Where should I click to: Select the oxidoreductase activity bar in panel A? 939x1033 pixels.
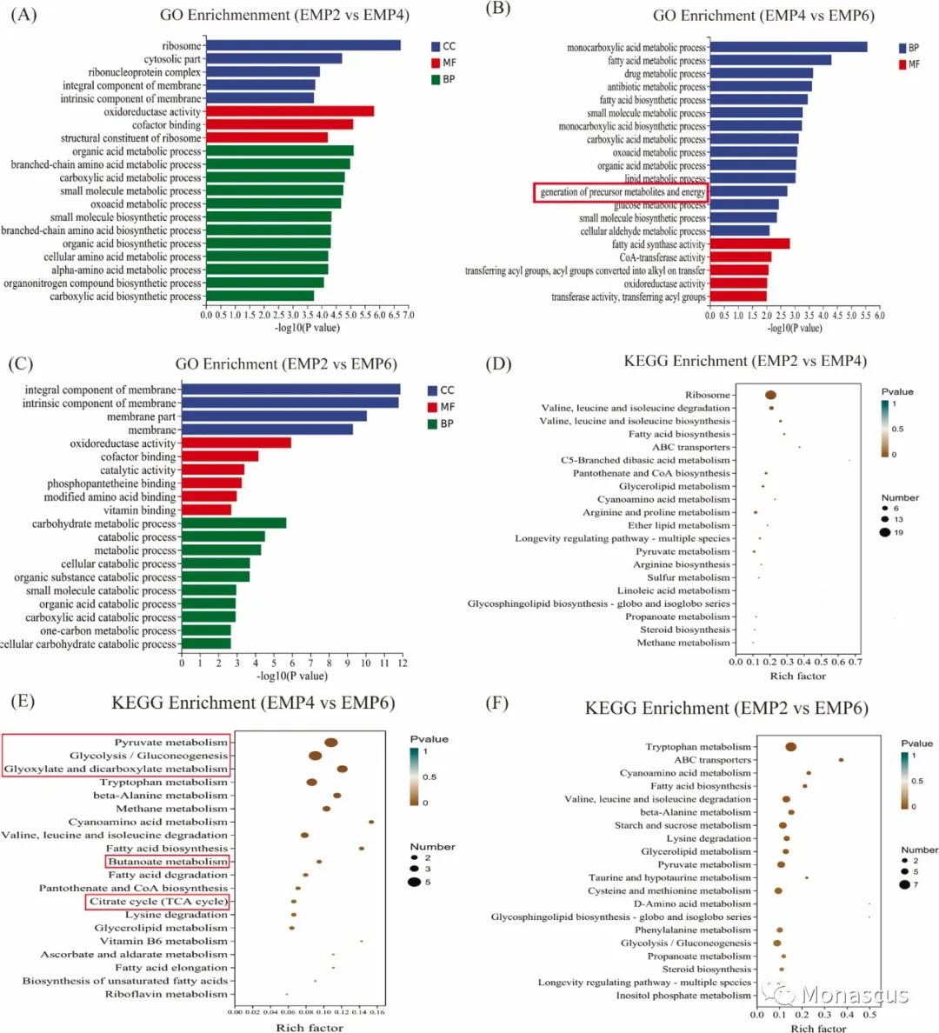tap(290, 111)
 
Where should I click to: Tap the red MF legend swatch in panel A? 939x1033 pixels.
tap(436, 63)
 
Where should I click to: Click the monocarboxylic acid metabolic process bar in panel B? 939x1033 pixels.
tap(789, 47)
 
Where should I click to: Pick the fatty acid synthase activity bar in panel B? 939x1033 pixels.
tap(749, 244)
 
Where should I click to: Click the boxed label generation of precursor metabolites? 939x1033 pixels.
tap(622, 192)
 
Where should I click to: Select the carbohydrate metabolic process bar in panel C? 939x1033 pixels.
tap(233, 523)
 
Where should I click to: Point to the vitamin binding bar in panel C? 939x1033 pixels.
tap(206, 510)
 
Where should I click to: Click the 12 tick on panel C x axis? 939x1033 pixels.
tap(401, 663)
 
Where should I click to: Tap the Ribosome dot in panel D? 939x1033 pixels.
tap(770, 396)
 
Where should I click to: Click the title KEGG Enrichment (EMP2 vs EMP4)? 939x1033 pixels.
tap(744, 361)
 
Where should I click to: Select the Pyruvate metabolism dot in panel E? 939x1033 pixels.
tap(330, 743)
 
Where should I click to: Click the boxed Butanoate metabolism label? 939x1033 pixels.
tap(168, 862)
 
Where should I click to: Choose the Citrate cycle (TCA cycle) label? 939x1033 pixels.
tap(158, 902)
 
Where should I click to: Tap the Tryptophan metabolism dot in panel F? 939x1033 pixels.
tap(790, 747)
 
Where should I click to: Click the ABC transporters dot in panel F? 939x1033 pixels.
tap(841, 760)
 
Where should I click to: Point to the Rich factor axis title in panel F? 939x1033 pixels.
tap(817, 1029)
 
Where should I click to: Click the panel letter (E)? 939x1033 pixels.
tap(22, 701)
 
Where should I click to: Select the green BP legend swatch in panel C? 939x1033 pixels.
tap(432, 423)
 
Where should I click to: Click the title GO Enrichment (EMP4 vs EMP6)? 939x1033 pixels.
tap(763, 16)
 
